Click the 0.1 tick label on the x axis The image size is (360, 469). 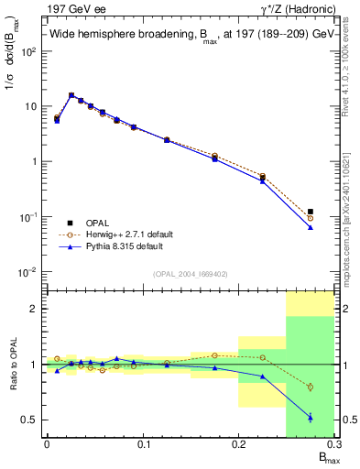[142, 444]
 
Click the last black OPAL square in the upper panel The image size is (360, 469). [311, 212]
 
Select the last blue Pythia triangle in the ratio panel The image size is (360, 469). [311, 417]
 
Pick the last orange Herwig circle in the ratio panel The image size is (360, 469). [311, 387]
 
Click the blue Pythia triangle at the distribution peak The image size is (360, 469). [71, 95]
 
